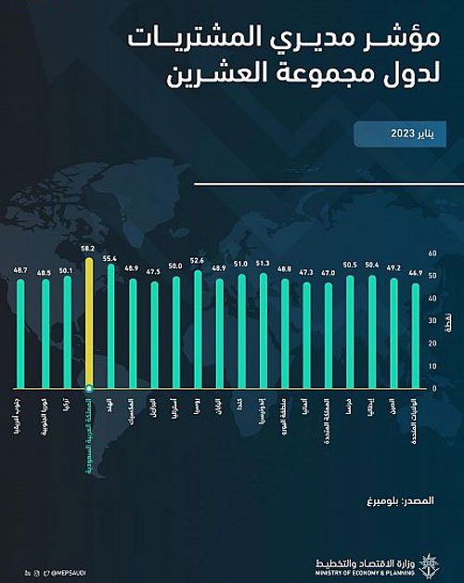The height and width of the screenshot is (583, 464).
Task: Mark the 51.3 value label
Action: [x=263, y=264]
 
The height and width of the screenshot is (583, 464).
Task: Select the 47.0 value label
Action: [x=328, y=273]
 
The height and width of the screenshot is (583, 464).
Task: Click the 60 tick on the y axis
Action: [x=432, y=252]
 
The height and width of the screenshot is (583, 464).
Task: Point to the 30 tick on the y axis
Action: [x=432, y=319]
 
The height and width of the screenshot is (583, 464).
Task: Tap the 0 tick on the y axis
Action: [x=432, y=387]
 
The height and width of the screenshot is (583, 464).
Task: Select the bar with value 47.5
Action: [x=154, y=335]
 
